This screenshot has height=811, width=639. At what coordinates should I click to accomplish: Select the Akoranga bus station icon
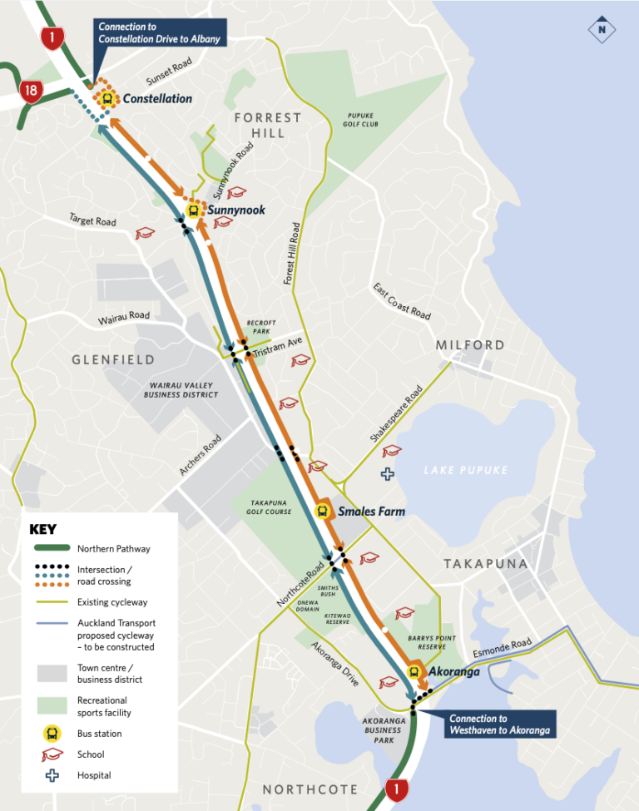(414, 672)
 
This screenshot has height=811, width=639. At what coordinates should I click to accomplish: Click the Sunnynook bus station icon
(194, 210)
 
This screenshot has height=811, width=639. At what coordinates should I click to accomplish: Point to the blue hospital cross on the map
(387, 474)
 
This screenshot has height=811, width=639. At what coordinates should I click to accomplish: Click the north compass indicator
(601, 31)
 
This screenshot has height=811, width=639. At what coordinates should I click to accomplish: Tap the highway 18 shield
(31, 91)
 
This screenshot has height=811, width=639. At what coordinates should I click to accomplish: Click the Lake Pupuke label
(465, 471)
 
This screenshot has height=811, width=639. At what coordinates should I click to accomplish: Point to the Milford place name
(470, 344)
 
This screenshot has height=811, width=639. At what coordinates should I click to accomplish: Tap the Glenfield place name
(113, 359)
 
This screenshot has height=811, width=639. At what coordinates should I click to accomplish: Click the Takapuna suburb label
(486, 564)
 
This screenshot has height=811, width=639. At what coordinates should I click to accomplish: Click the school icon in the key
(52, 754)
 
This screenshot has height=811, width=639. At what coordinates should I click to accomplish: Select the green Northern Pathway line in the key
(52, 549)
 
